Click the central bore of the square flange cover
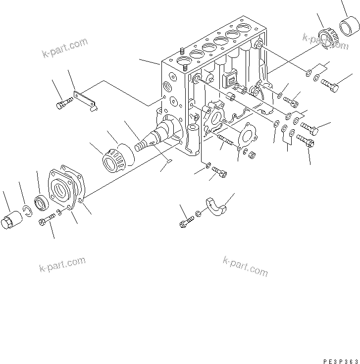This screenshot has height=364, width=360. (63, 190)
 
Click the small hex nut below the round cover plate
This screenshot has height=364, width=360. (251, 155)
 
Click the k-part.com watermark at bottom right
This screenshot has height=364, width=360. (245, 266)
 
